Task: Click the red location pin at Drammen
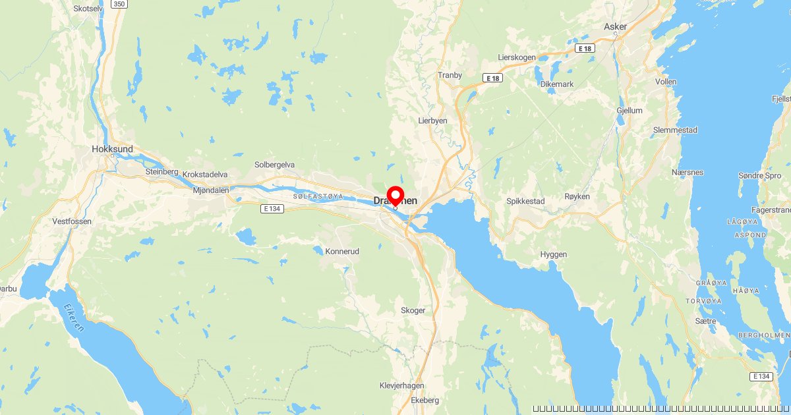tap(395, 196)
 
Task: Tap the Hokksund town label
tap(113, 149)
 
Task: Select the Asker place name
tap(615, 27)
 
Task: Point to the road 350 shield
tap(119, 4)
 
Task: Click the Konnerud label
tap(342, 251)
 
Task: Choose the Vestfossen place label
tap(72, 221)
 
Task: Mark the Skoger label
tap(413, 310)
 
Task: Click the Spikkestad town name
tap(526, 200)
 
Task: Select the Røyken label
tap(577, 197)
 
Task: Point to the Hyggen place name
tap(553, 254)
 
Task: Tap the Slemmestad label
tap(675, 130)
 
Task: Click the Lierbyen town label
tap(433, 121)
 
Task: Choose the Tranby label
tap(450, 75)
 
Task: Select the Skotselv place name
tap(89, 9)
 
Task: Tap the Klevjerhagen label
tap(402, 385)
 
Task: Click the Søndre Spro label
tap(760, 176)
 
